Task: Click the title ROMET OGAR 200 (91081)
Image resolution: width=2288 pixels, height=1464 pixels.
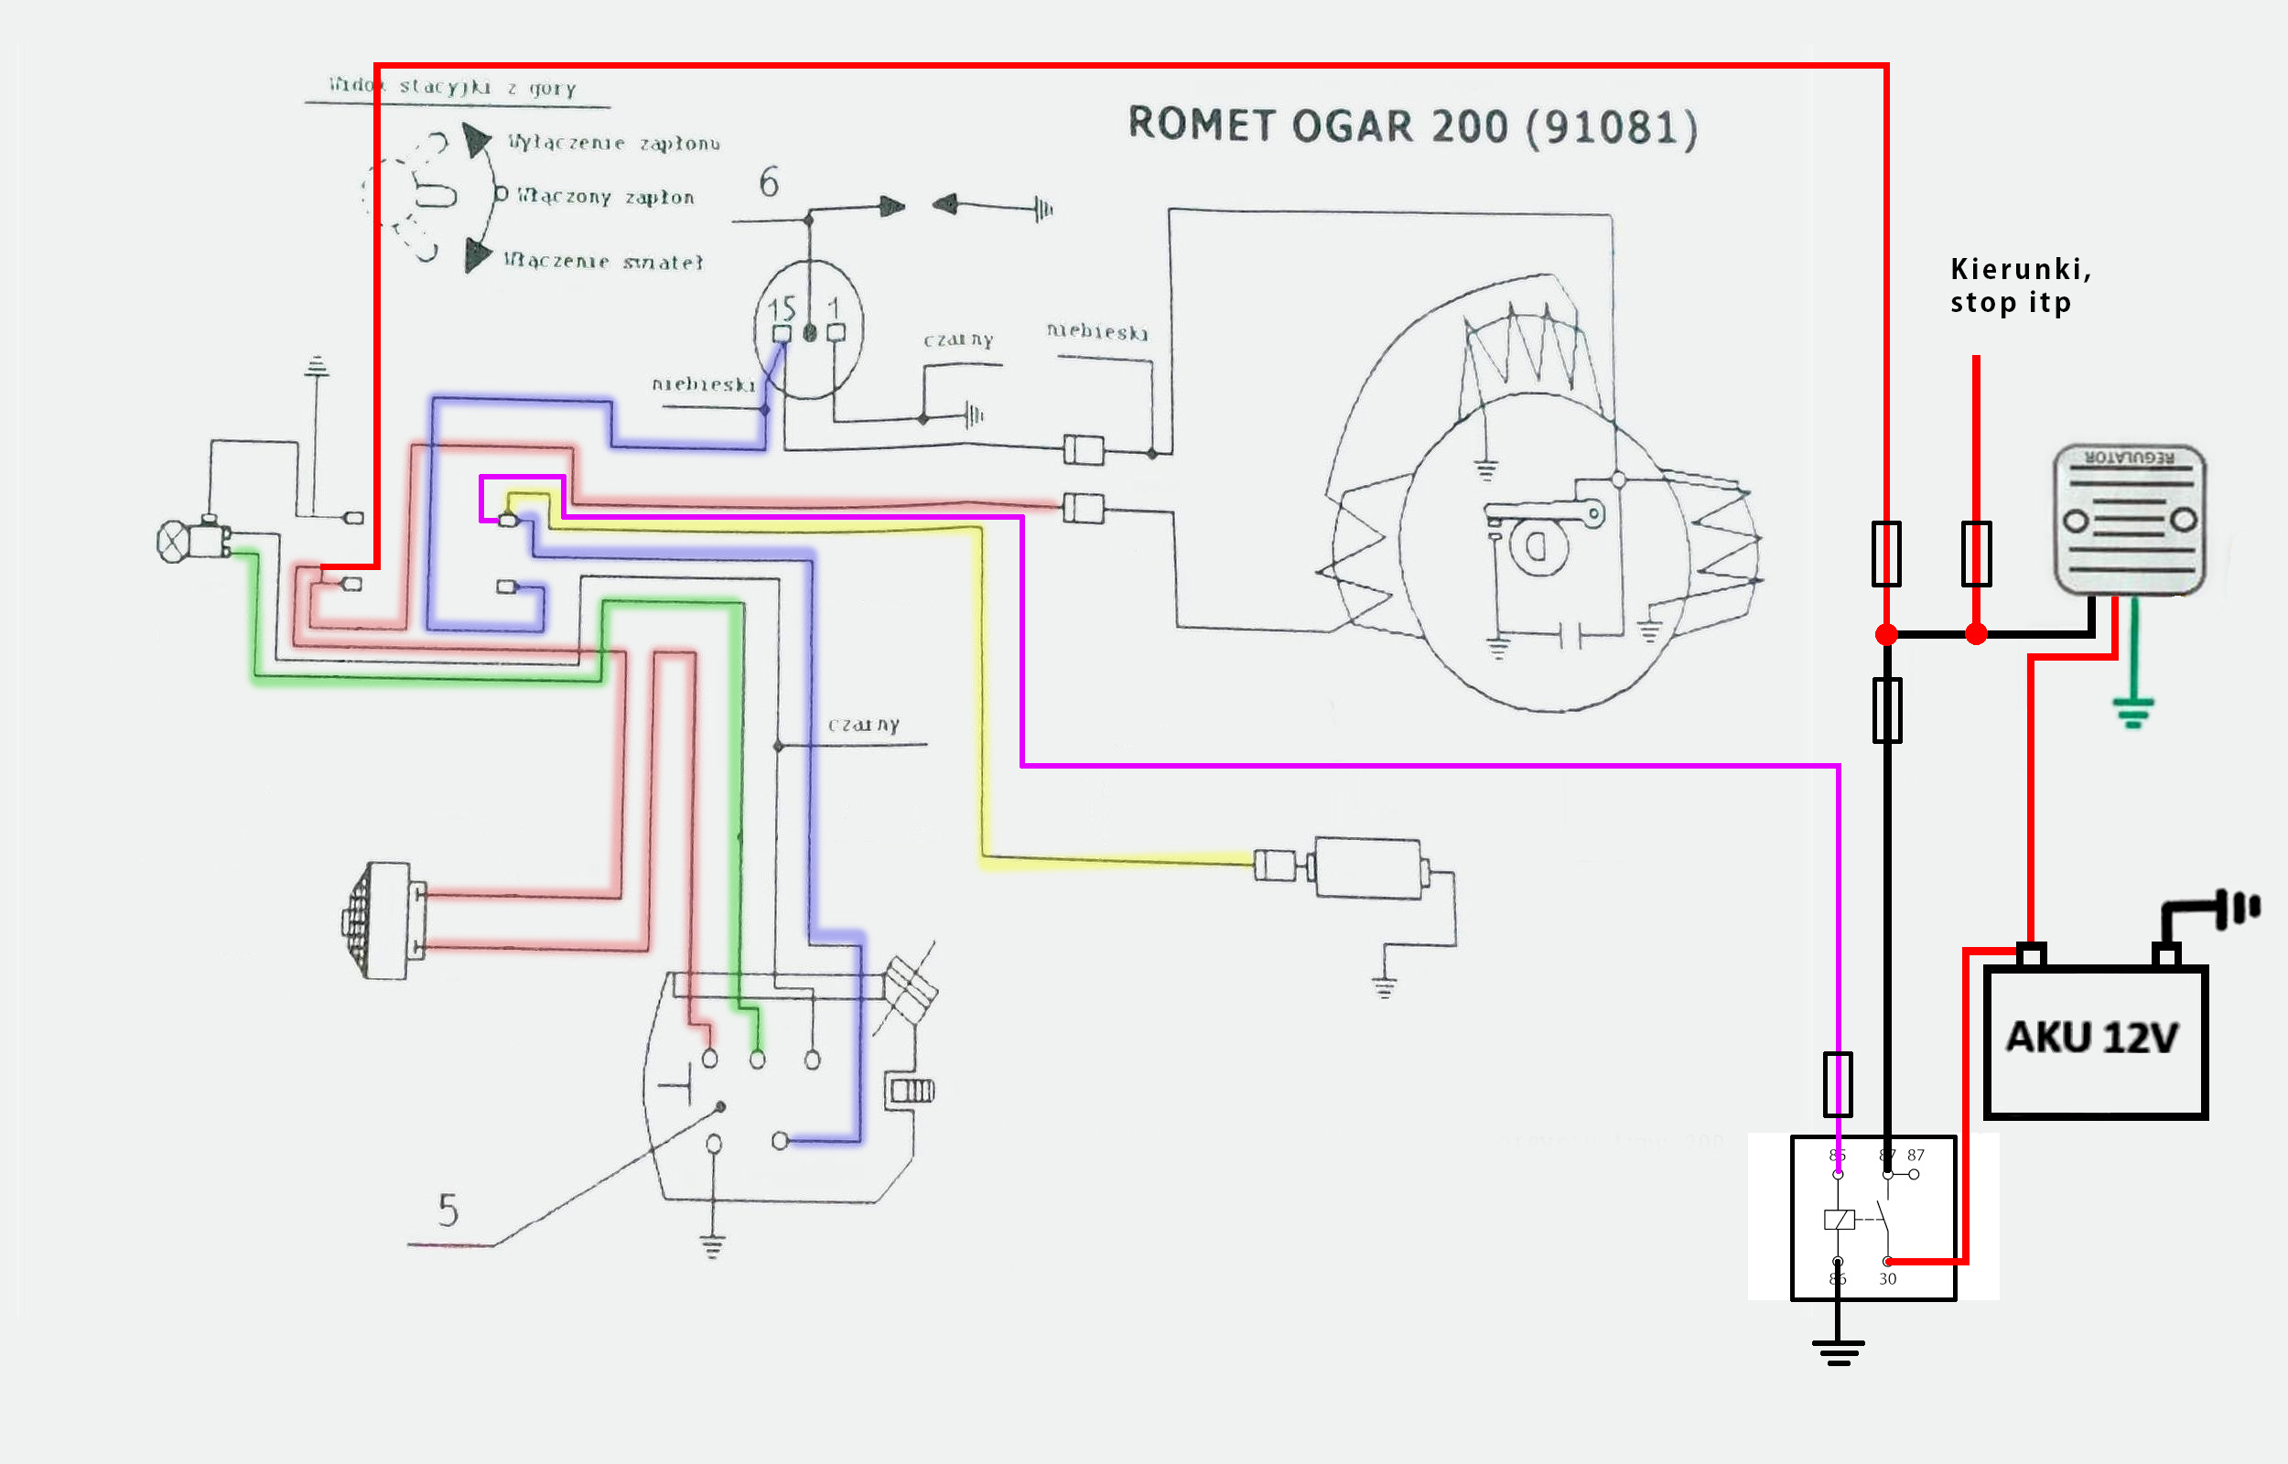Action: pyautogui.click(x=1411, y=127)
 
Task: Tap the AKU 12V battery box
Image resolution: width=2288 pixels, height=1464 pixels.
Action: pyautogui.click(x=2094, y=1042)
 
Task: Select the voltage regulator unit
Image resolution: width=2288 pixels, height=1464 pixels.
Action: pyautogui.click(x=2130, y=520)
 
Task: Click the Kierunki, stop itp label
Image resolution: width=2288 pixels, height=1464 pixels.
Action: pyautogui.click(x=2020, y=285)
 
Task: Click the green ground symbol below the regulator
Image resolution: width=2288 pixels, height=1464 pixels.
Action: pyautogui.click(x=2133, y=712)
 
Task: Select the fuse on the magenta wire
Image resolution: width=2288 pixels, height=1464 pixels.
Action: pyautogui.click(x=1838, y=1083)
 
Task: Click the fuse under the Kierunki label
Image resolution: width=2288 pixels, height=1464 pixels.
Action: pyautogui.click(x=1976, y=554)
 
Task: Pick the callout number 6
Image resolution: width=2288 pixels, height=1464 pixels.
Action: pyautogui.click(x=769, y=182)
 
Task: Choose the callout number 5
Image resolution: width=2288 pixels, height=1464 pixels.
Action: pyautogui.click(x=448, y=1211)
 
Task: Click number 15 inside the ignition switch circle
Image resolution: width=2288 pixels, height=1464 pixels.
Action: pyautogui.click(x=782, y=309)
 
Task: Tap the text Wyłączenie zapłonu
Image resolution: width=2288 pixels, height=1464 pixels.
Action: pyautogui.click(x=613, y=144)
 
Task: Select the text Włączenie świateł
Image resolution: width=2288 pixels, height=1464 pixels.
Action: pyautogui.click(x=604, y=262)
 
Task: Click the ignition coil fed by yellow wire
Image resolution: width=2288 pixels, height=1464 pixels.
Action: pyautogui.click(x=1367, y=867)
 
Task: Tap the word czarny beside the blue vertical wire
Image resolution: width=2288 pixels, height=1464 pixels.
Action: pyautogui.click(x=863, y=726)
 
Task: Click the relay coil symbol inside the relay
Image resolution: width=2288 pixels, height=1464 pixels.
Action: pyautogui.click(x=1839, y=1220)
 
